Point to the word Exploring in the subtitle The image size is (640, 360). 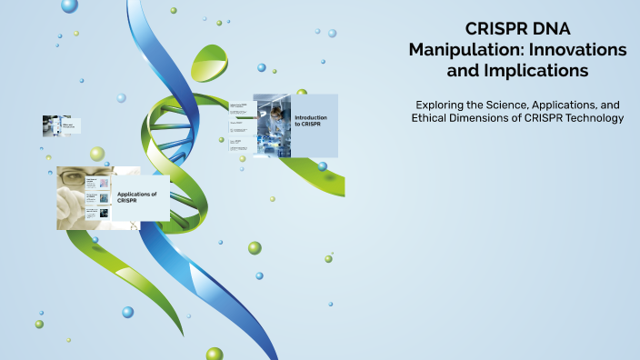[x=437, y=105]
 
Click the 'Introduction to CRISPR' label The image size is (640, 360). [x=311, y=120]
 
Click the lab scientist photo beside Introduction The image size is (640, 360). [x=272, y=125]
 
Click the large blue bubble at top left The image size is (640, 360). [x=70, y=6]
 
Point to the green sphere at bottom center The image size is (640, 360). [x=215, y=354]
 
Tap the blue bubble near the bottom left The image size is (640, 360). [x=127, y=312]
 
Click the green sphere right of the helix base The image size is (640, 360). [x=255, y=247]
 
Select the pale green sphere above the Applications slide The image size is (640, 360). [x=97, y=154]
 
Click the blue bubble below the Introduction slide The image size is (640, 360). [x=323, y=166]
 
